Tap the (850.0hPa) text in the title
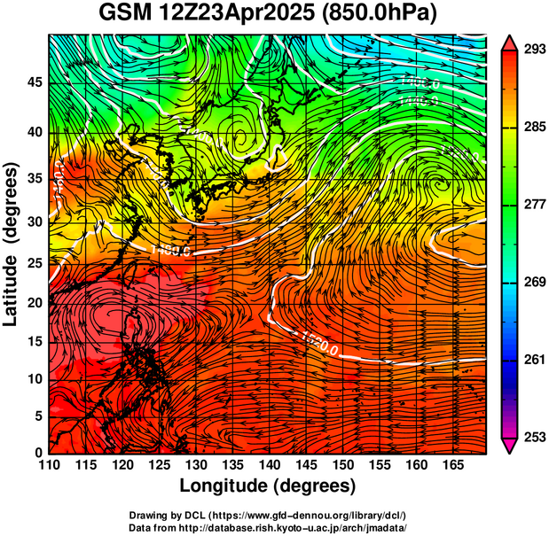tap(388, 14)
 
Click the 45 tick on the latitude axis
tap(35, 82)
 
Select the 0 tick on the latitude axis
tap(40, 453)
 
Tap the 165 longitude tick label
tap(451, 465)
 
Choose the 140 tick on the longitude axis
tap(268, 465)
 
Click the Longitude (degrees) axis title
tap(268, 486)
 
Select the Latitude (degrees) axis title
tap(12, 244)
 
